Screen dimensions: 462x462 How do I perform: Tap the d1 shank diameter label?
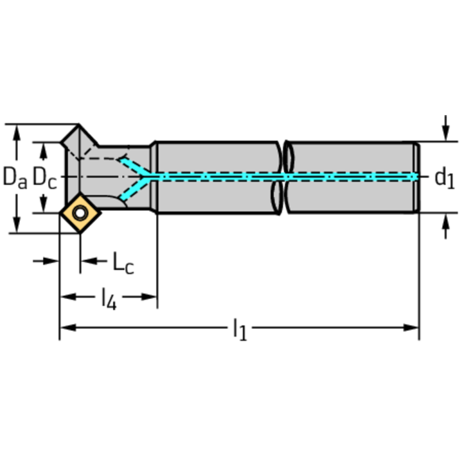[x=445, y=178]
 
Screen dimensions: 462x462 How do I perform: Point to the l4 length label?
[x=108, y=298]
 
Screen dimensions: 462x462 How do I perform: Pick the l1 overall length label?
[x=240, y=329]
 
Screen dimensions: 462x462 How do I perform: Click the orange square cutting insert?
[x=80, y=213]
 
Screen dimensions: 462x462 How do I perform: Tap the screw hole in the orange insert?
[x=80, y=213]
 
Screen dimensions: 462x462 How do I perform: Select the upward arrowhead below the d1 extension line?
[x=446, y=222]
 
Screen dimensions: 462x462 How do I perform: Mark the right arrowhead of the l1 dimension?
[x=411, y=327]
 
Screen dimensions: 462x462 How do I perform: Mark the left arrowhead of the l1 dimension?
[x=68, y=327]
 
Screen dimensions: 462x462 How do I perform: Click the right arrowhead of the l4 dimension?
[x=149, y=296]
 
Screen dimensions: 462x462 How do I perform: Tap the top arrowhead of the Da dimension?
[x=17, y=133]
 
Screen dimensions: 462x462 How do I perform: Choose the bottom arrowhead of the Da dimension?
[x=17, y=225]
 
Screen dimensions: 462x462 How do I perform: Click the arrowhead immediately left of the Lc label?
[x=89, y=261]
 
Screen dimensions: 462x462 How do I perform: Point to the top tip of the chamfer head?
[x=79, y=125]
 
